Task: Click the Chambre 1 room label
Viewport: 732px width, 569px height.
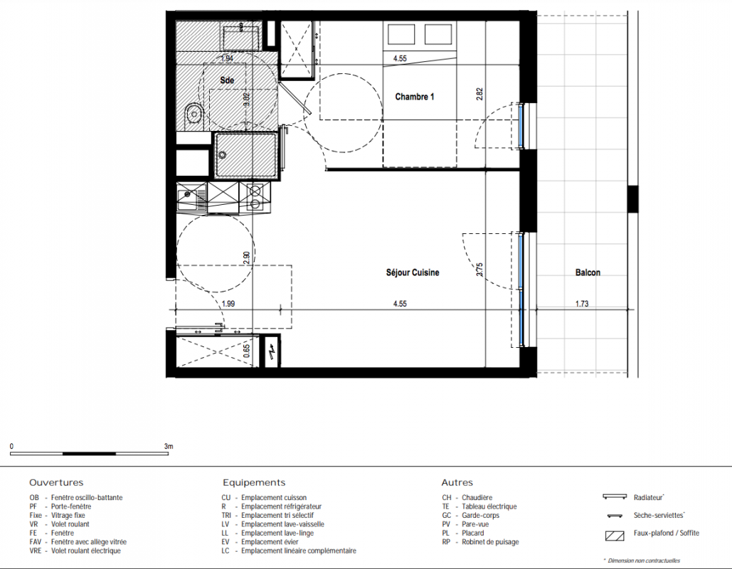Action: click(x=415, y=97)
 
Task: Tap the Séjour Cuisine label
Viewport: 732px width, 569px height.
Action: click(x=413, y=272)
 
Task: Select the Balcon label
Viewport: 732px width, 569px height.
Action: click(x=588, y=272)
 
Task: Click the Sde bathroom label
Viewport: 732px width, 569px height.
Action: click(x=227, y=80)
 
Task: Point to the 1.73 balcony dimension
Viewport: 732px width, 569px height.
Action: click(x=582, y=304)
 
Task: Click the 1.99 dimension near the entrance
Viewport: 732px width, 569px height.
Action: click(x=228, y=304)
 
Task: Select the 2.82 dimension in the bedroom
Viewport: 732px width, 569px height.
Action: click(x=479, y=95)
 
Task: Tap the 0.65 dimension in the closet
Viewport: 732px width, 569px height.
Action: click(x=247, y=351)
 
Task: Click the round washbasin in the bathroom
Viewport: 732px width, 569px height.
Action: click(x=193, y=113)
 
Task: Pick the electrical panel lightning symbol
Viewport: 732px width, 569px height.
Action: click(x=271, y=350)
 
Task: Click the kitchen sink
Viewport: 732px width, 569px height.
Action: click(x=191, y=196)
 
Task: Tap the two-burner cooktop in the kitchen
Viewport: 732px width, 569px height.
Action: click(x=255, y=196)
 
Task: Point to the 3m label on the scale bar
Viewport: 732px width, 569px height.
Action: click(x=169, y=446)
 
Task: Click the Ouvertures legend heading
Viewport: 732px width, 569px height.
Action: click(x=56, y=483)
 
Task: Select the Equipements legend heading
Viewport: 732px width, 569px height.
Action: click(x=254, y=483)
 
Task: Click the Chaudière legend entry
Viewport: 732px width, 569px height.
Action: click(x=467, y=498)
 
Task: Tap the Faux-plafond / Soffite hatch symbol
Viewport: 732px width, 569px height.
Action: click(x=615, y=536)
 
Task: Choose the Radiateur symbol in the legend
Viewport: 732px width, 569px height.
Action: click(x=615, y=496)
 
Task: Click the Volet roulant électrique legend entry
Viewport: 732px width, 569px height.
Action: click(x=75, y=551)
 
